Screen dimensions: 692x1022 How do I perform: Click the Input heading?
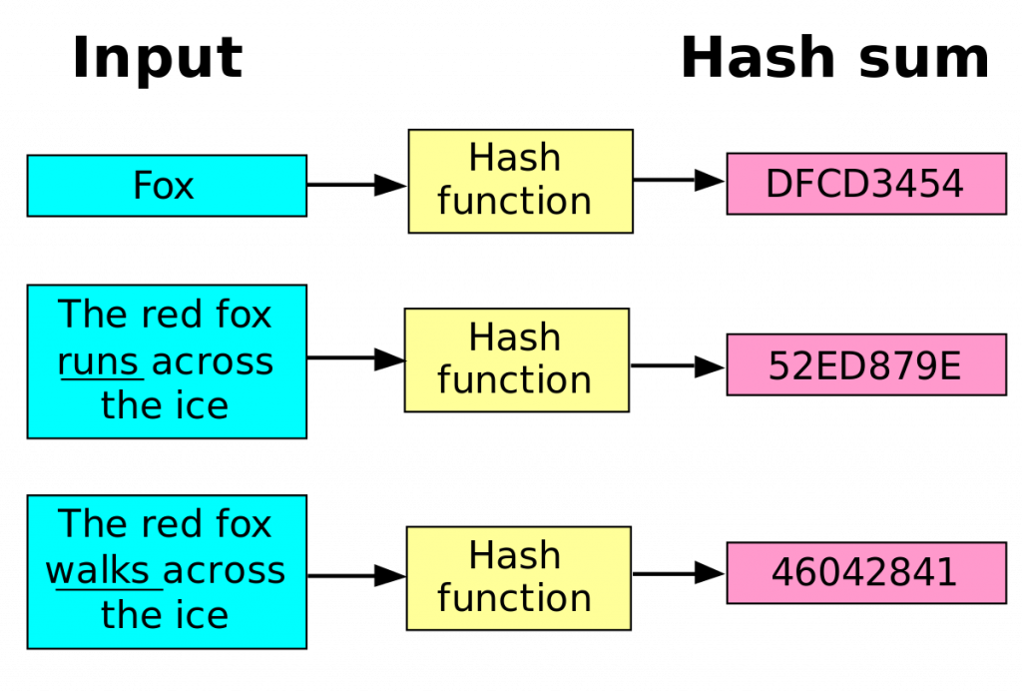[x=158, y=58]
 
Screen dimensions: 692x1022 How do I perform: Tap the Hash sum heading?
[x=834, y=58]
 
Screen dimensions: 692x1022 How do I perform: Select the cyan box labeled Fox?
[x=166, y=186]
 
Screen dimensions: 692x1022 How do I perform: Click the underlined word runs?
[x=98, y=361]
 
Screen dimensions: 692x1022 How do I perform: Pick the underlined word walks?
[x=102, y=571]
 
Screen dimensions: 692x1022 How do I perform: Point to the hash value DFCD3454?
[x=865, y=184]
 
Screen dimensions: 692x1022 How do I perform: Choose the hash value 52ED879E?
[x=865, y=365]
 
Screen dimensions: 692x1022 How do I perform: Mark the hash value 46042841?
[x=865, y=573]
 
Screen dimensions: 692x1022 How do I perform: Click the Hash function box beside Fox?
[x=519, y=181]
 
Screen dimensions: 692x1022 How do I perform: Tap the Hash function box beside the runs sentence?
[x=516, y=359]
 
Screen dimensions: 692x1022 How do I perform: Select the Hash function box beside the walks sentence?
[x=518, y=577]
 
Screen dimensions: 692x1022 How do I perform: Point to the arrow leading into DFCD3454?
[x=680, y=181]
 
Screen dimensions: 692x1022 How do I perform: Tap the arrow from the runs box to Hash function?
[x=354, y=359]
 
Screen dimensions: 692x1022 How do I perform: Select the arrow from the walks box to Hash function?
[x=355, y=575]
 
